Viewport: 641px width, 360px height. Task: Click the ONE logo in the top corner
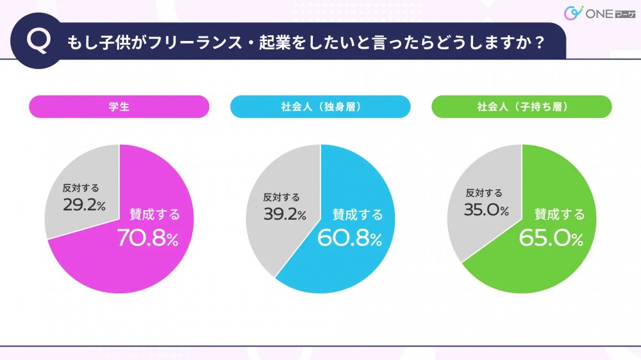(x=590, y=13)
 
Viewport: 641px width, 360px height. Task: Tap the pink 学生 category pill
(x=119, y=107)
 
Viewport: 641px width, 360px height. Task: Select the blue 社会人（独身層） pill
(x=320, y=107)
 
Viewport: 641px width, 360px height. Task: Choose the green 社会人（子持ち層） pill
(x=522, y=107)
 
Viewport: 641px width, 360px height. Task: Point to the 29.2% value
(x=84, y=204)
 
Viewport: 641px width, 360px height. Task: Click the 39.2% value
(x=285, y=214)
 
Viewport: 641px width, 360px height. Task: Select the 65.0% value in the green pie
(x=551, y=239)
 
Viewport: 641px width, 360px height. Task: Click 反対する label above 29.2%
(x=81, y=188)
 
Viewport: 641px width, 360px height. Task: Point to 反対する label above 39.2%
(x=282, y=198)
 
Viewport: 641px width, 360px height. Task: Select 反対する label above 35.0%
(x=484, y=193)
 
